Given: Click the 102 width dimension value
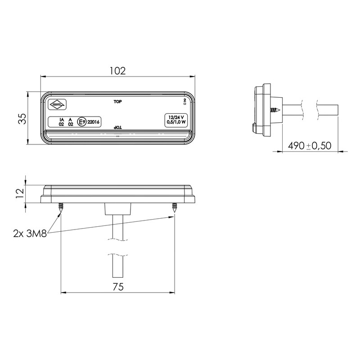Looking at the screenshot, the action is coord(117,71).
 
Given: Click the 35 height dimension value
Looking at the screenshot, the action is coord(23,118).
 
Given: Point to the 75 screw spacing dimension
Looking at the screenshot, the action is coord(118,287).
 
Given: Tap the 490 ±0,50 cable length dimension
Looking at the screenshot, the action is coord(310,145).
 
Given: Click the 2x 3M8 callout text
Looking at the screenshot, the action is coord(30,234).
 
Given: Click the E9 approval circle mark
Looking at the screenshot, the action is coord(82,122).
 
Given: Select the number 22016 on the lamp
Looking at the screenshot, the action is coord(94,122).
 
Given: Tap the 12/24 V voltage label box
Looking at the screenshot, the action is coord(176,120).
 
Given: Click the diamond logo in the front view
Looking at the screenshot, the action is coord(57,105).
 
